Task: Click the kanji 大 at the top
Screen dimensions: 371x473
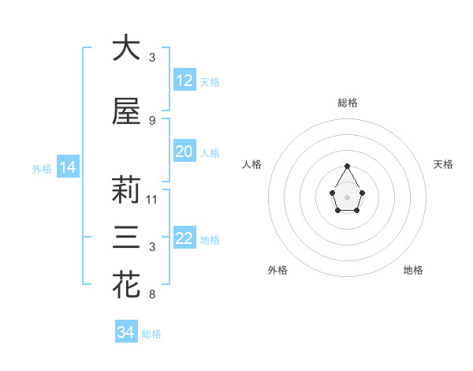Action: (x=126, y=48)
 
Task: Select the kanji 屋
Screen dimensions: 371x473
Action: (x=126, y=111)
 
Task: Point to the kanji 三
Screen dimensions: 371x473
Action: (x=126, y=238)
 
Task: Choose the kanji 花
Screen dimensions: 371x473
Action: (x=126, y=285)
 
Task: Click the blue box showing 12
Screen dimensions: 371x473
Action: (x=184, y=81)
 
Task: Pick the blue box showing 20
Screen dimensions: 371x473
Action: (x=184, y=152)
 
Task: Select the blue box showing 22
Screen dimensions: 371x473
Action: (x=184, y=238)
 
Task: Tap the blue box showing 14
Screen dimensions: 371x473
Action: (x=67, y=167)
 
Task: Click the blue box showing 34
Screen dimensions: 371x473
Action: (x=126, y=332)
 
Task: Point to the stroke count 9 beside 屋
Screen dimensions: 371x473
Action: (x=152, y=121)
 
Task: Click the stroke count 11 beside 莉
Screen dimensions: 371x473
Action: (x=152, y=200)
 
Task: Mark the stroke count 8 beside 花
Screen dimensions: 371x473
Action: (x=152, y=294)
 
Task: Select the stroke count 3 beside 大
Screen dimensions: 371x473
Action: (x=152, y=58)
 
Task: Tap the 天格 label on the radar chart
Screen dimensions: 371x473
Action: (x=443, y=164)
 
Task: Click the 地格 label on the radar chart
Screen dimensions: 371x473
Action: (x=413, y=270)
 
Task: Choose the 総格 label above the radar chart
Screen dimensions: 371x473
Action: (x=348, y=103)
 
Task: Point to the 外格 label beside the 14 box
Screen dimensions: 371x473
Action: (x=42, y=168)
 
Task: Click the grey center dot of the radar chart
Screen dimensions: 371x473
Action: (x=347, y=197)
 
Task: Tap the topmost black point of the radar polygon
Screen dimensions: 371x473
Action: (x=347, y=166)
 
